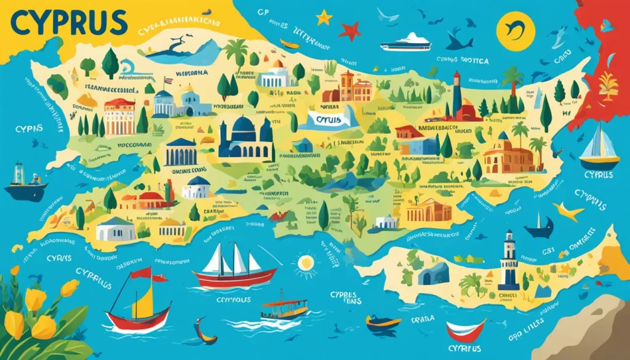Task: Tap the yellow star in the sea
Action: pyautogui.click(x=324, y=17)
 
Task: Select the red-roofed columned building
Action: pyautogui.click(x=120, y=117)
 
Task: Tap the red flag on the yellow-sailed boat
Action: pyautogui.click(x=141, y=273)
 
